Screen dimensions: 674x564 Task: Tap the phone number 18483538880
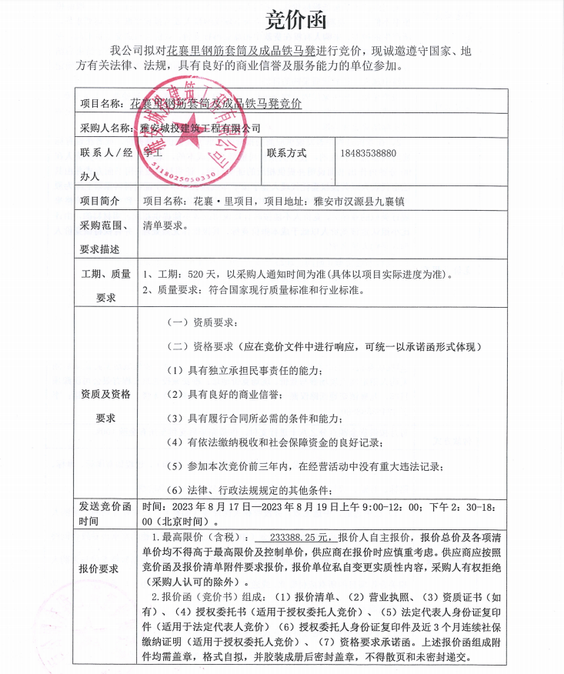367,153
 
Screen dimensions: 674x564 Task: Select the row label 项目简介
100,201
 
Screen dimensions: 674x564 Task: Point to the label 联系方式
286,153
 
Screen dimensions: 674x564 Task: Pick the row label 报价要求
100,569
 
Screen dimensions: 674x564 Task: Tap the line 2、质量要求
252,291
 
